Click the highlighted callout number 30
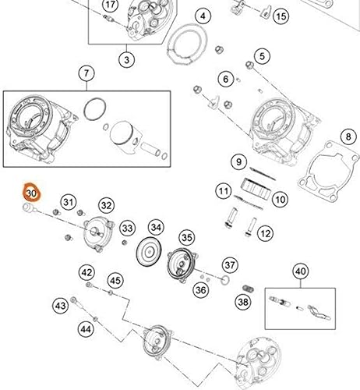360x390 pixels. point(31,191)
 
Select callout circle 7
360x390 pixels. point(85,75)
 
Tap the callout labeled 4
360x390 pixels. point(203,16)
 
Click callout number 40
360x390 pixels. point(301,271)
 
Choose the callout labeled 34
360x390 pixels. point(157,227)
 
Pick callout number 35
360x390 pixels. point(185,237)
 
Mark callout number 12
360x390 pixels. point(265,232)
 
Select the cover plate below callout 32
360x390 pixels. point(100,233)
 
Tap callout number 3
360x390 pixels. point(127,58)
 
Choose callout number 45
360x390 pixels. point(115,280)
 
